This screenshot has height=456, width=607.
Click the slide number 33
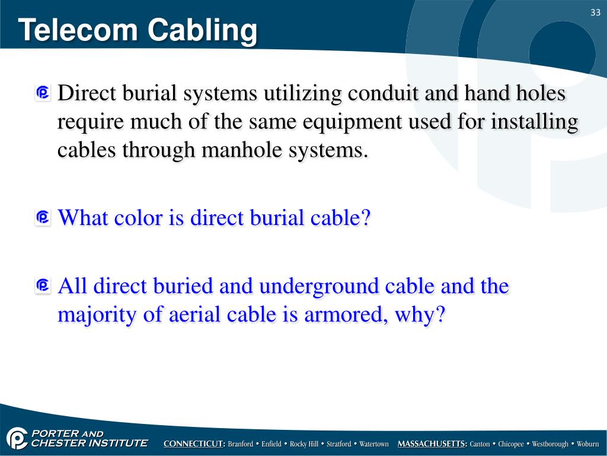click(595, 13)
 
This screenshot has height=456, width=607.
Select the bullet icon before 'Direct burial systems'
click(42, 94)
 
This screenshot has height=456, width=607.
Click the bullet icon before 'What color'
click(42, 218)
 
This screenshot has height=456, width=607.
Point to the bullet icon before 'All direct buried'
click(42, 287)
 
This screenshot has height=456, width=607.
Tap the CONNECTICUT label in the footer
click(194, 444)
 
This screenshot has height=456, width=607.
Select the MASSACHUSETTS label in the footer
click(432, 444)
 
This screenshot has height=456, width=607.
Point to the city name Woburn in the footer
click(588, 444)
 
